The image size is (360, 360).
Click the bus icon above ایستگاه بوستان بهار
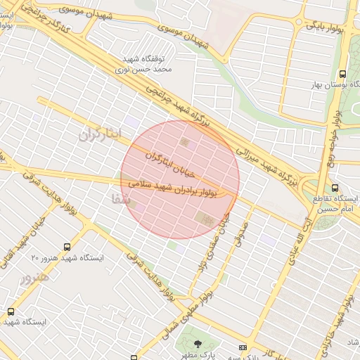342,73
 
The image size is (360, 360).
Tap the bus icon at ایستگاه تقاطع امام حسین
335,188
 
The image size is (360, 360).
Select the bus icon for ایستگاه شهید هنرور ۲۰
67,247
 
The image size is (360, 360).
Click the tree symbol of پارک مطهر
197,344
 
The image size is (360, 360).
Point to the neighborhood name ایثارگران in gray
100,134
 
